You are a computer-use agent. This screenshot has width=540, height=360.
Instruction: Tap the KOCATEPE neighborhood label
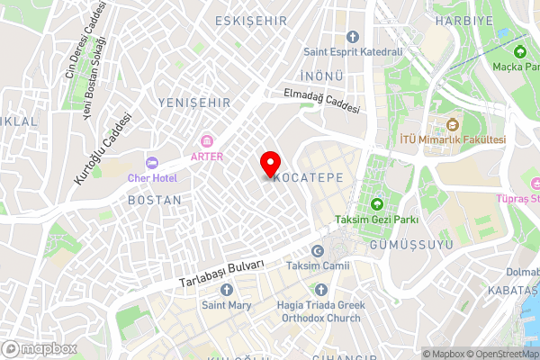(307, 178)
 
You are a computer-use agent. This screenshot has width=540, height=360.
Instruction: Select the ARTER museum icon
(208, 140)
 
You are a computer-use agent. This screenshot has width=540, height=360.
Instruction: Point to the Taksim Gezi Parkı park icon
(376, 203)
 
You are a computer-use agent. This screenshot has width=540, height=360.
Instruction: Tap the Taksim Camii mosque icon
(317, 251)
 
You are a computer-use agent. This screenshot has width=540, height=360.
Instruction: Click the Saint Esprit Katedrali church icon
(352, 37)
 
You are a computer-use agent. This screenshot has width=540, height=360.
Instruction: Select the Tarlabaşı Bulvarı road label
(220, 272)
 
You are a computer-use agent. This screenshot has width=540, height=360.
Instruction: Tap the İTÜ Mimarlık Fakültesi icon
(453, 124)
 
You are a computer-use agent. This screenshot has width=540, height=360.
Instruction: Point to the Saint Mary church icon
(226, 290)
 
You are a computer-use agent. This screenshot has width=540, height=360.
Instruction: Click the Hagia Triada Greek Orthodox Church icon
(321, 290)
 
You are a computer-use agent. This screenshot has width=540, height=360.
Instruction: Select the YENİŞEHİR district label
(194, 103)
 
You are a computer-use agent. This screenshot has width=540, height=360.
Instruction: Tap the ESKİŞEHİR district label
(251, 20)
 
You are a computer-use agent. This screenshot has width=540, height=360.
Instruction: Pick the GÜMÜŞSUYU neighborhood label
(402, 245)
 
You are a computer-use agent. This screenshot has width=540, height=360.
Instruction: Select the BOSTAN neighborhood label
(154, 200)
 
